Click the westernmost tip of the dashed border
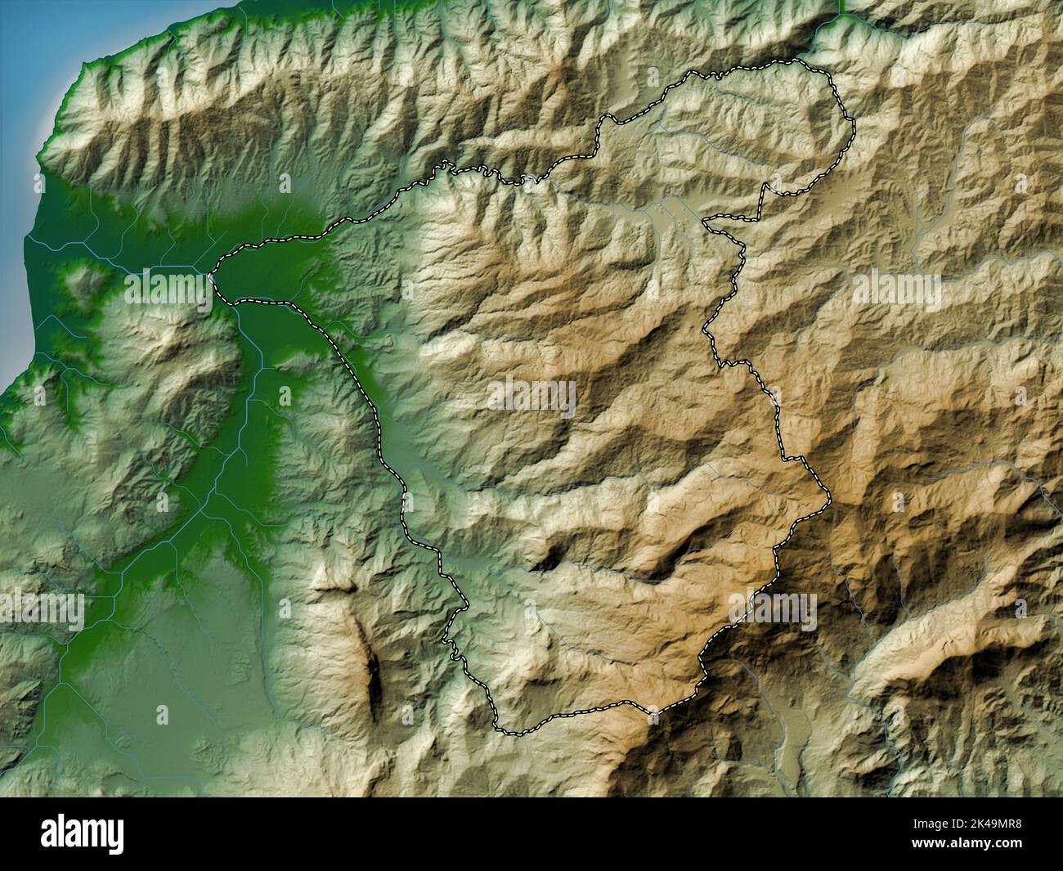212,276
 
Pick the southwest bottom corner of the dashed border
500,729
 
